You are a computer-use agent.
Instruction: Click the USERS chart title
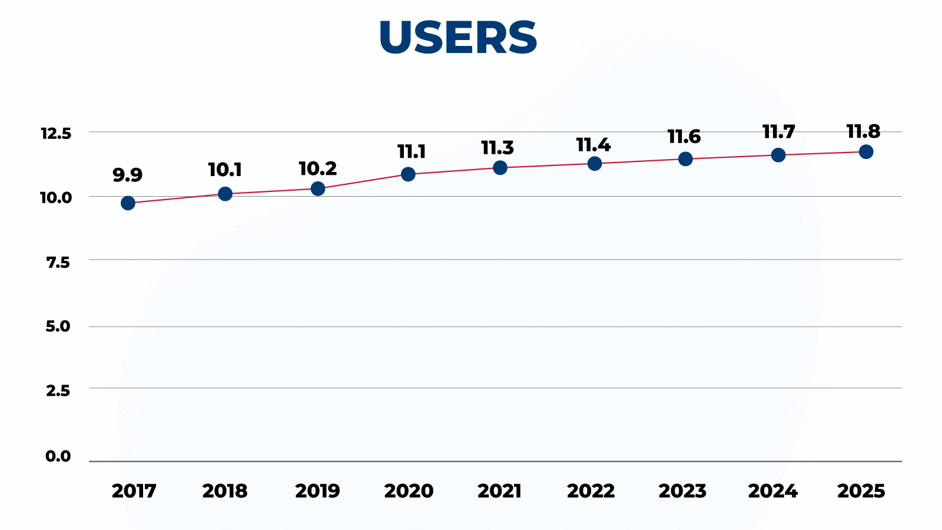[x=458, y=38]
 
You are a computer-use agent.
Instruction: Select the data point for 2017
[x=128, y=203]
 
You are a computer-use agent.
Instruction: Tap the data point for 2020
[x=408, y=174]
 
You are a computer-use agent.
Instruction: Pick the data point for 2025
[x=866, y=152]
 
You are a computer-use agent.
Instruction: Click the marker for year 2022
[x=595, y=164]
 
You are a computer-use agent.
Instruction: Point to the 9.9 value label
[x=128, y=175]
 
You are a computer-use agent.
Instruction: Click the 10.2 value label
[x=318, y=169]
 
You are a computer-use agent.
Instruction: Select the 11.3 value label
[x=497, y=148]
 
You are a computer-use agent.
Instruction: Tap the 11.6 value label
[x=684, y=137]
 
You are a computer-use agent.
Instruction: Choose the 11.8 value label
[x=863, y=132]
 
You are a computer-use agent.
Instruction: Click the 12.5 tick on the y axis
[x=56, y=134]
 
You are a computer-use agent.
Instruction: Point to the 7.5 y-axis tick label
[x=58, y=263]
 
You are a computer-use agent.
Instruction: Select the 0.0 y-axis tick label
[x=58, y=456]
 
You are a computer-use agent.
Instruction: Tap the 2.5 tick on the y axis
[x=58, y=390]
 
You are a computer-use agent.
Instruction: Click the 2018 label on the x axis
[x=225, y=491]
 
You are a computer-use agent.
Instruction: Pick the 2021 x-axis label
[x=499, y=491]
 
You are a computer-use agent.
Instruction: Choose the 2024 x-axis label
[x=772, y=491]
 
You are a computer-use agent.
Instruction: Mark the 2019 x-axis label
[x=317, y=491]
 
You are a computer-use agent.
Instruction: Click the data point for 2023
[x=685, y=159]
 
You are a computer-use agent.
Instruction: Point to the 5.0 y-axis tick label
[x=58, y=326]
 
